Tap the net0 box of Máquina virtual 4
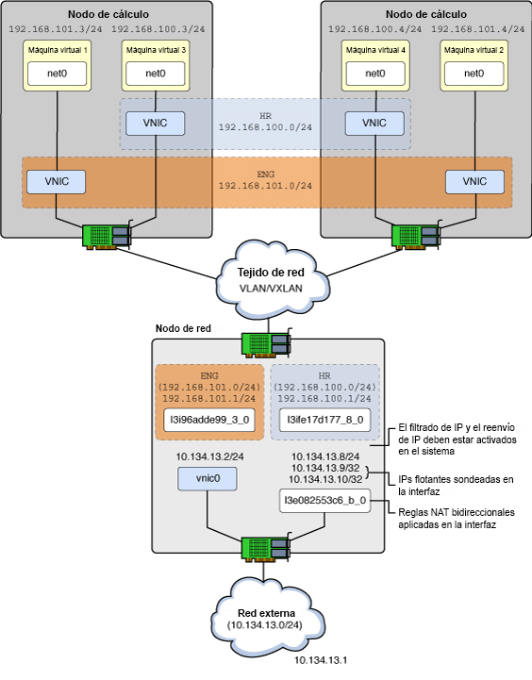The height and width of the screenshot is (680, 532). point(375,72)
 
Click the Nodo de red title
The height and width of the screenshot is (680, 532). point(182,329)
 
